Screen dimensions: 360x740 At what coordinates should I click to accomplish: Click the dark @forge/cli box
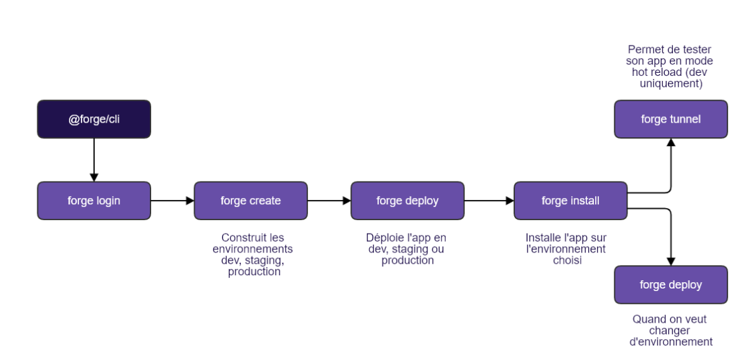tap(94, 119)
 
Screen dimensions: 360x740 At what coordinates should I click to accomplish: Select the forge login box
tap(94, 201)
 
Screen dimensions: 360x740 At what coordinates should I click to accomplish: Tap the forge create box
tap(250, 201)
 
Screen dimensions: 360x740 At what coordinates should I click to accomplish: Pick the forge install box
tap(570, 201)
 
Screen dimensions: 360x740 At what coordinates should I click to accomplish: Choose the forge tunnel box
tap(670, 119)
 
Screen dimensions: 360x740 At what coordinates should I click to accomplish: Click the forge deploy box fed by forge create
tap(407, 201)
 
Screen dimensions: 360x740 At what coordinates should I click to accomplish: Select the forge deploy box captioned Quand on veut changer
tap(670, 285)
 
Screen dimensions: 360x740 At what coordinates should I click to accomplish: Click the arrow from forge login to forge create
tap(172, 201)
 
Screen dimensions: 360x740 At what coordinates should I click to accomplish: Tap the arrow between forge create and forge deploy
tap(329, 201)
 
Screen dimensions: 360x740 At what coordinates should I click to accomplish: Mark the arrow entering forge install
tap(489, 201)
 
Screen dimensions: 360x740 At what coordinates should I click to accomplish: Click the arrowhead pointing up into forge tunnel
tap(671, 143)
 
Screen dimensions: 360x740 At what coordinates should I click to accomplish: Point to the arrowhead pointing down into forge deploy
tap(671, 261)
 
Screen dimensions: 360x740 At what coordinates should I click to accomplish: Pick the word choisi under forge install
tap(567, 260)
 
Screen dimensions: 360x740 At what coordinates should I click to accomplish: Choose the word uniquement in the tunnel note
tap(671, 84)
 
